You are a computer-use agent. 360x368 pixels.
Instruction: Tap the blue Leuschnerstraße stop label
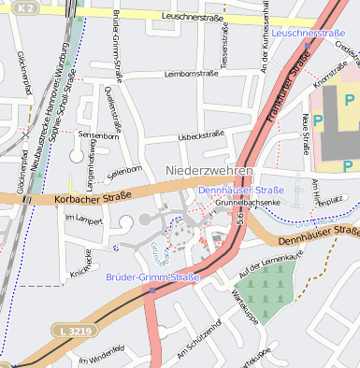[x=310, y=33]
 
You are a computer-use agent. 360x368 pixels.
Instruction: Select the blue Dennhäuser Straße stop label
[x=242, y=190]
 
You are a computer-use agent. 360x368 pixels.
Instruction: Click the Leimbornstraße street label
[x=193, y=73]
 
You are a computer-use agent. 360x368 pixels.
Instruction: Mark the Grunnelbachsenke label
[x=248, y=203]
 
